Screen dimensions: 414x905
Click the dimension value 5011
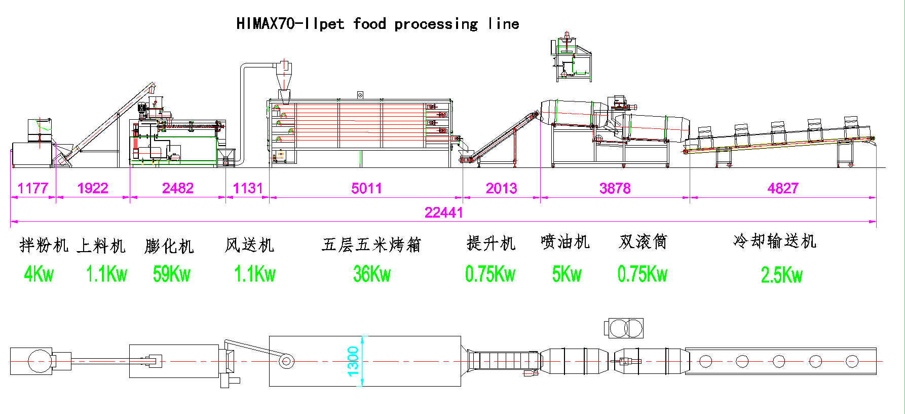point(366,189)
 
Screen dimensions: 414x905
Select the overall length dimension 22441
point(443,213)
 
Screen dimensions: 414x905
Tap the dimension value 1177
point(33,189)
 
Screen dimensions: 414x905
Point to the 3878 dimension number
point(615,189)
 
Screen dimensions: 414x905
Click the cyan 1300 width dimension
point(353,361)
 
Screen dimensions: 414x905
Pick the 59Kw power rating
point(171,274)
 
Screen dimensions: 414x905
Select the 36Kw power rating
point(372,274)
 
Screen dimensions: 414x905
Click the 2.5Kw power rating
point(781,275)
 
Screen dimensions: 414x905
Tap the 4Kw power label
point(39,274)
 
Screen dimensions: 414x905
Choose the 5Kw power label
point(567,274)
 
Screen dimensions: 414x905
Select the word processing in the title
point(436,24)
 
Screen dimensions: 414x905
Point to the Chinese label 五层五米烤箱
point(371,245)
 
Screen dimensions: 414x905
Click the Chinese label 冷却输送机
point(774,241)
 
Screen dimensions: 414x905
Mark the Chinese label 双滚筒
point(643,242)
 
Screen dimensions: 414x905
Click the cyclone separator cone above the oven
point(284,81)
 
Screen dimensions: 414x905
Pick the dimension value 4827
point(783,189)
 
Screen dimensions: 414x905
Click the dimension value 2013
point(501,189)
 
